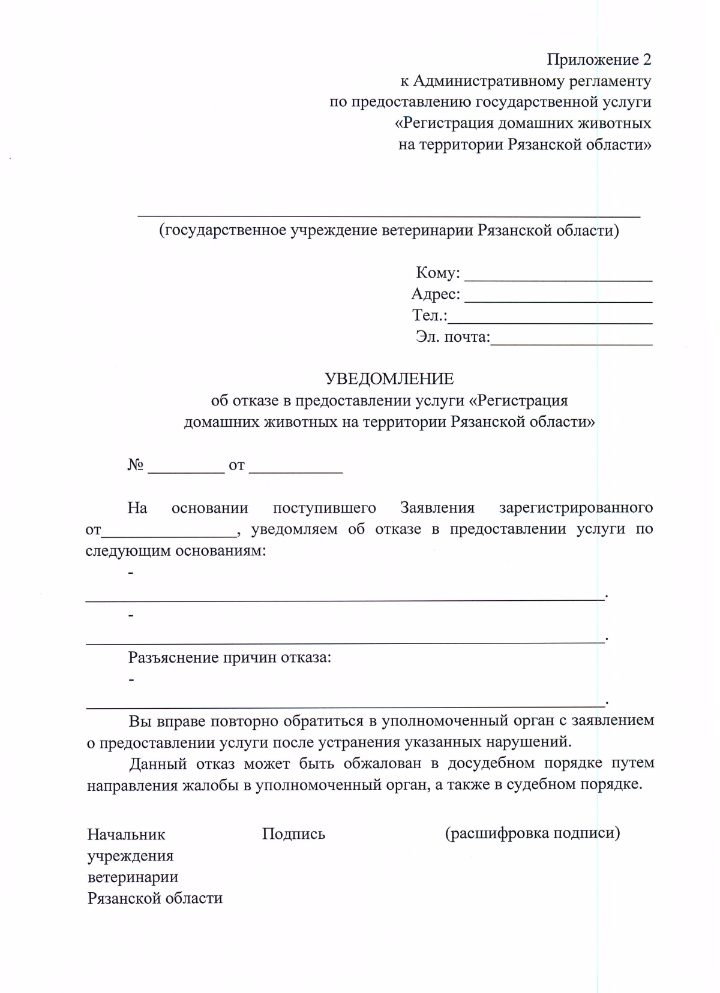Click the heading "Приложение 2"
tap(598, 59)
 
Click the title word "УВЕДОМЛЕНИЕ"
tap(389, 378)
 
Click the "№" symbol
tap(135, 465)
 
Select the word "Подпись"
tap(293, 834)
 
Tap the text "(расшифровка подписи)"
tap(532, 833)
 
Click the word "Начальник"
tap(126, 835)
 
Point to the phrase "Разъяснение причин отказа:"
tap(230, 657)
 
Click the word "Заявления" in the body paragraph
tap(437, 508)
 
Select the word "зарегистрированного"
tap(575, 508)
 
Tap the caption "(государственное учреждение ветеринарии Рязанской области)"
tap(389, 230)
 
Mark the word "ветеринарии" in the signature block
tap(133, 877)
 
